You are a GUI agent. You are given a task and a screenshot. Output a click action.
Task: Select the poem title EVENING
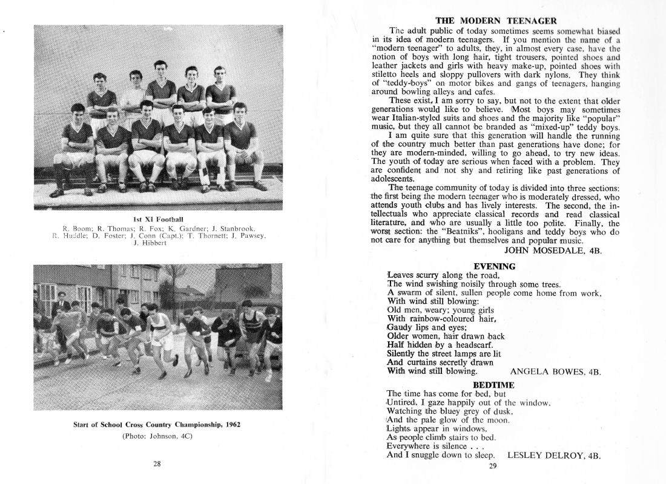pyautogui.click(x=494, y=266)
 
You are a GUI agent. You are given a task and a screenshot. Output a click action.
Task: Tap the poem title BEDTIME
pyautogui.click(x=494, y=385)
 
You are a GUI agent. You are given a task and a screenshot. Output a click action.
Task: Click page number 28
pyautogui.click(x=157, y=464)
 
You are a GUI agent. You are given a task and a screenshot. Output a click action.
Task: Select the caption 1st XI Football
pyautogui.click(x=157, y=218)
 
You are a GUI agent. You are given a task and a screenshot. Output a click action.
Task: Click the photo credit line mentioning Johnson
pyautogui.click(x=157, y=436)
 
